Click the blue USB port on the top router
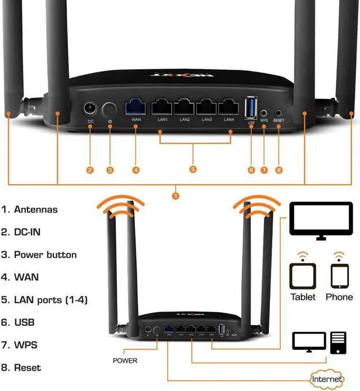pyautogui.click(x=251, y=106)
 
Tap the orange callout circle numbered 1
pyautogui.click(x=175, y=195)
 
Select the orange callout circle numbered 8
pyautogui.click(x=278, y=169)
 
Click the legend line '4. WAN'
pyautogui.click(x=20, y=277)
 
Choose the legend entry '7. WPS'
pyautogui.click(x=20, y=344)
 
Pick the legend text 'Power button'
pyautogui.click(x=45, y=254)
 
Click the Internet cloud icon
pyautogui.click(x=327, y=379)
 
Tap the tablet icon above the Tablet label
pyautogui.click(x=303, y=276)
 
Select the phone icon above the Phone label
pyautogui.click(x=339, y=276)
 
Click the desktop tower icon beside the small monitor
pyautogui.click(x=338, y=342)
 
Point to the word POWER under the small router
pyautogui.click(x=125, y=360)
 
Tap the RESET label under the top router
pyautogui.click(x=278, y=120)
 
